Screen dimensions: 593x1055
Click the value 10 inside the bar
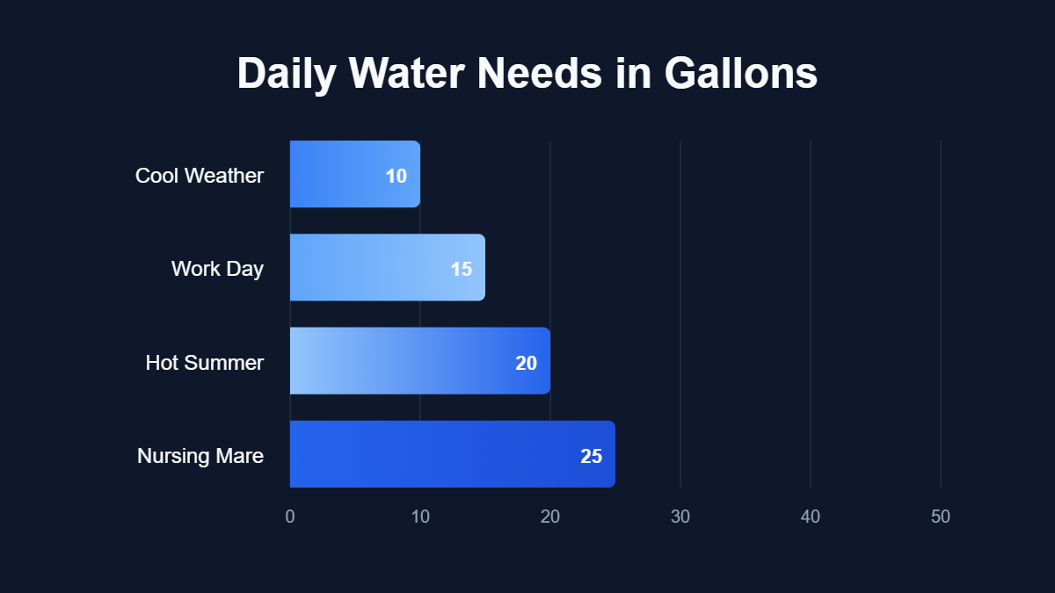tap(397, 176)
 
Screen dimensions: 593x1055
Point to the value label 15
tap(462, 269)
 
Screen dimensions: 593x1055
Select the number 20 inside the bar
tap(526, 363)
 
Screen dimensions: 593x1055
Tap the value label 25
tap(591, 456)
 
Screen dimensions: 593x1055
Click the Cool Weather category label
tap(200, 176)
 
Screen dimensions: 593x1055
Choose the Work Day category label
tap(217, 269)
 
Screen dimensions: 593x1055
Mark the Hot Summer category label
tap(205, 363)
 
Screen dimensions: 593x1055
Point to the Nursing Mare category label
tap(200, 456)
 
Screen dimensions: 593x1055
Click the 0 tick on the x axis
tap(290, 517)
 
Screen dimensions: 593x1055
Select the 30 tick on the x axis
tap(680, 517)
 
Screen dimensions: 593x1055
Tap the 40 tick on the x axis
tap(811, 517)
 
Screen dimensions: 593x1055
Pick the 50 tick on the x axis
tap(941, 517)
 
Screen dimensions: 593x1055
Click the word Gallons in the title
tap(740, 74)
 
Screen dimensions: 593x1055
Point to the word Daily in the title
tap(287, 74)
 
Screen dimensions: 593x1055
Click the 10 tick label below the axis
tap(420, 517)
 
